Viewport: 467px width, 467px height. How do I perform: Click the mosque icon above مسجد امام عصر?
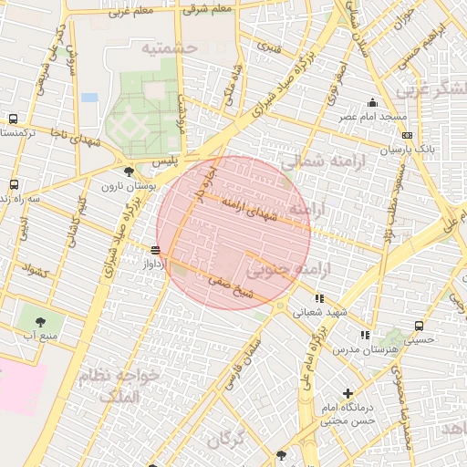(372, 102)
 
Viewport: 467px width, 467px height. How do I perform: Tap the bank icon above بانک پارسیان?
(410, 133)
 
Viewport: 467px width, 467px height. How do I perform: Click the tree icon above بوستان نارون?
(128, 171)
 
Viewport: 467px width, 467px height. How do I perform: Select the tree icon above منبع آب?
(40, 321)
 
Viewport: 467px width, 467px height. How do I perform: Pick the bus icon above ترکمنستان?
(13, 119)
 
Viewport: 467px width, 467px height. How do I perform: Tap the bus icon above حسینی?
(419, 325)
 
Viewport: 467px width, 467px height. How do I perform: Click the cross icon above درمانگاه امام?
(348, 393)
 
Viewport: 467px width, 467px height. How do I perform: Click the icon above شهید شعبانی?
(319, 297)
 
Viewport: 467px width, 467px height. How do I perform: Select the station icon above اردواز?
(155, 249)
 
